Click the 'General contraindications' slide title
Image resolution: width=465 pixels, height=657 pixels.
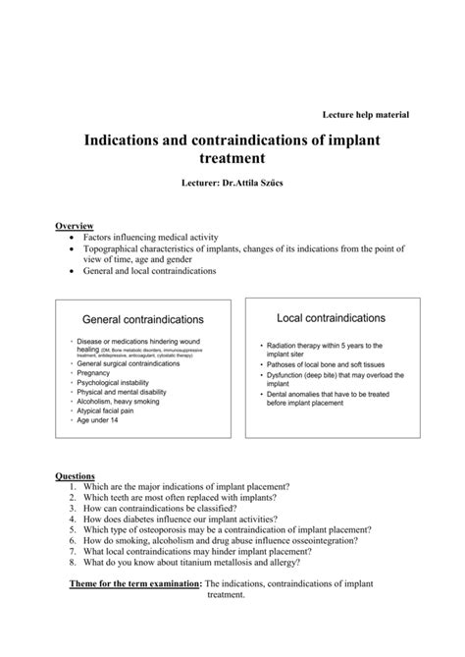click(x=142, y=320)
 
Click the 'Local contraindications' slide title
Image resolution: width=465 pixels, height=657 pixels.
click(x=331, y=318)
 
